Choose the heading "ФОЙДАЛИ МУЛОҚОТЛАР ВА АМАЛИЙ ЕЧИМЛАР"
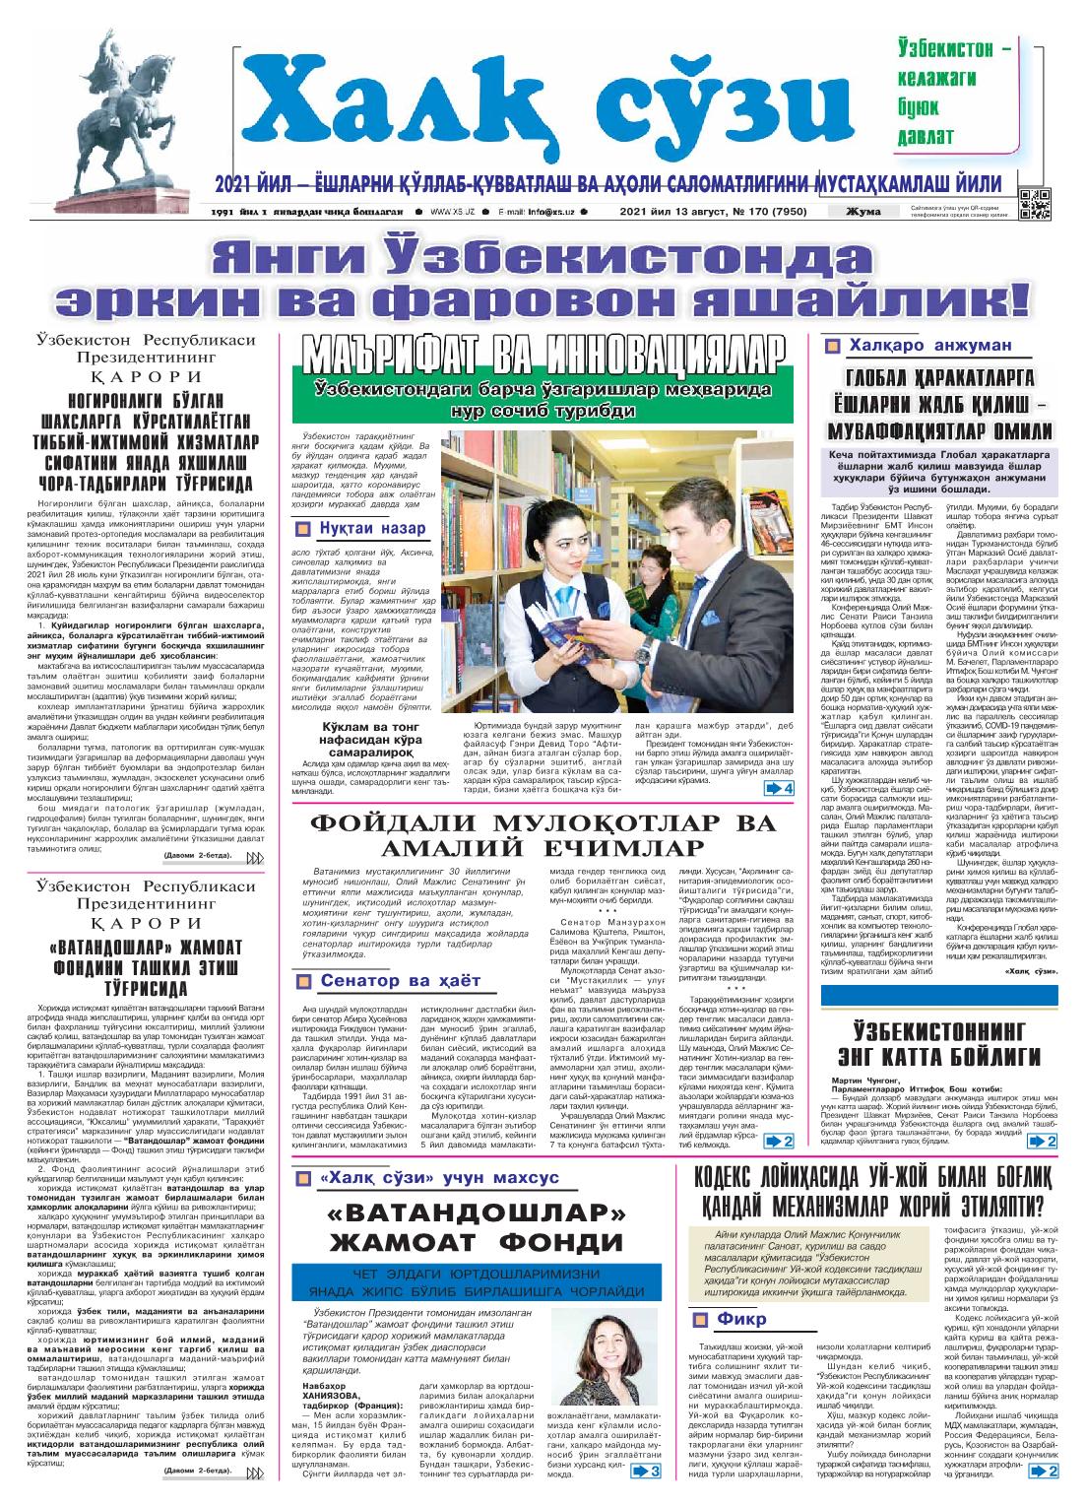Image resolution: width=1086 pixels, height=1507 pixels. [x=537, y=837]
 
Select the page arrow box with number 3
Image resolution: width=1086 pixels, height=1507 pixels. [x=645, y=1473]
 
